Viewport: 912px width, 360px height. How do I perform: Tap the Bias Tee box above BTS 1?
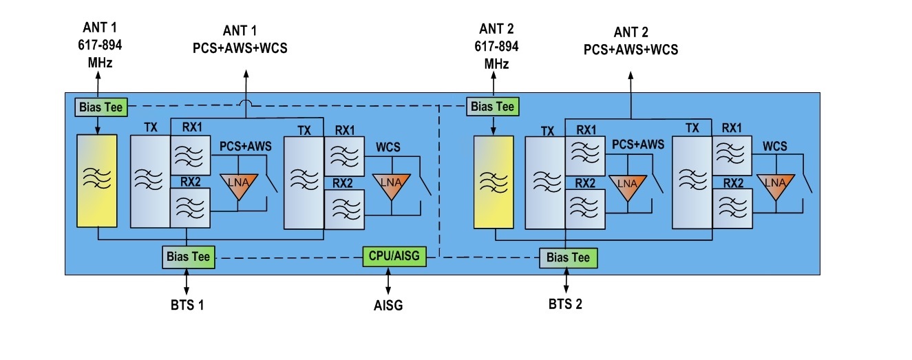(187, 256)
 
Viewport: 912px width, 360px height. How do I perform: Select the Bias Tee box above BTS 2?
(569, 258)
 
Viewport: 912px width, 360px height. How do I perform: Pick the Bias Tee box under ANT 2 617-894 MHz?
(491, 107)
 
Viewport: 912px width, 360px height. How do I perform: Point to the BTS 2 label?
(565, 304)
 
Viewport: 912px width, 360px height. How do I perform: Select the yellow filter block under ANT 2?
(493, 182)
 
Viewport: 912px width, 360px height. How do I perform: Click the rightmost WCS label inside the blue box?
(774, 147)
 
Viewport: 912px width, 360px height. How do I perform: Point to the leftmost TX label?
(151, 128)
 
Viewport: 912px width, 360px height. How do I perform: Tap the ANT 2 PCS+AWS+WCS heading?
(630, 41)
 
